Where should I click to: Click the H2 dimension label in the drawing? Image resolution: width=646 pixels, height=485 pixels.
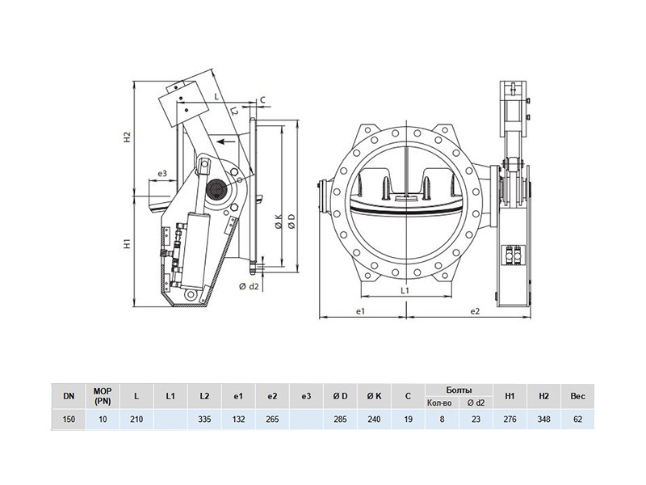pos(128,137)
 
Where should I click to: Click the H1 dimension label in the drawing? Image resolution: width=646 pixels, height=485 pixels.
pos(128,244)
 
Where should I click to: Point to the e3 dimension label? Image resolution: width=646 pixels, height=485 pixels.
pos(162,174)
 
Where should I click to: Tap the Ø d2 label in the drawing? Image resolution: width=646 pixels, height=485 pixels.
pos(249,286)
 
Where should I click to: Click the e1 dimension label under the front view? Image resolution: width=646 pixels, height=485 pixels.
pos(360,311)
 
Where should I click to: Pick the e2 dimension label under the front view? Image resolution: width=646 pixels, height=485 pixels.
pos(475,311)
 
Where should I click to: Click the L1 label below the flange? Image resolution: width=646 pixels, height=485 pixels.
pos(405,290)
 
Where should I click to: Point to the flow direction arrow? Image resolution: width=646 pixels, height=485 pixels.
pos(226,142)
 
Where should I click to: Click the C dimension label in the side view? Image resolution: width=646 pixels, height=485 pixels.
pos(263,99)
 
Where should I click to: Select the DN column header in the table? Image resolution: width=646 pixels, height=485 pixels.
pos(69,396)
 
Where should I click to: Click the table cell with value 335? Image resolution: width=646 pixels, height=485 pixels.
pos(204,420)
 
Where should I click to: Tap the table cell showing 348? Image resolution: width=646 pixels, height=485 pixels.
pos(543,420)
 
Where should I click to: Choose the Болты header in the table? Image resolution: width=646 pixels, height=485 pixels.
pos(459,390)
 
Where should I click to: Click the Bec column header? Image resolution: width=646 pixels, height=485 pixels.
pos(577,396)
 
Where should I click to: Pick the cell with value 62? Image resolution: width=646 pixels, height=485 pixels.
pos(577,420)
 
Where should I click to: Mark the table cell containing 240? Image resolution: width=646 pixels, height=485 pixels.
pos(374,420)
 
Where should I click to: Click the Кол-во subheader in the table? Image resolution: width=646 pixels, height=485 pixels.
pos(439,403)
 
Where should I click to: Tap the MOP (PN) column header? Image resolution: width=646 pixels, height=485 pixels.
pos(103,396)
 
